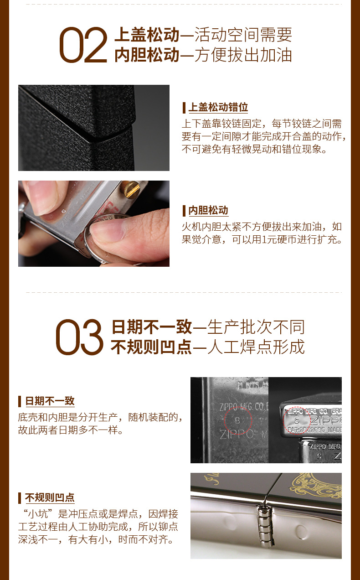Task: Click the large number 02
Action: point(83,45)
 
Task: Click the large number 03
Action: point(79,337)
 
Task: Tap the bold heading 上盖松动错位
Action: point(218,108)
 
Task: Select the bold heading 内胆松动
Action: point(208,210)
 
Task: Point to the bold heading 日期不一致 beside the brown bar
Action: point(50,401)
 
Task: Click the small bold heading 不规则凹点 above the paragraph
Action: point(50,497)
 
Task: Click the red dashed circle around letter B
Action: point(238,420)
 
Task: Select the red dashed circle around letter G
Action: point(297,420)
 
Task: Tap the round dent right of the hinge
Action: point(301,531)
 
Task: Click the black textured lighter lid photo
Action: point(93,128)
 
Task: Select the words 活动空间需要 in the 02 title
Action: point(243,35)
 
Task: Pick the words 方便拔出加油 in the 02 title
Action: point(243,55)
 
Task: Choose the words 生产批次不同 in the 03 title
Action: point(256,327)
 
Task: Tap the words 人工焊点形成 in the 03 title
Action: point(256,347)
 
